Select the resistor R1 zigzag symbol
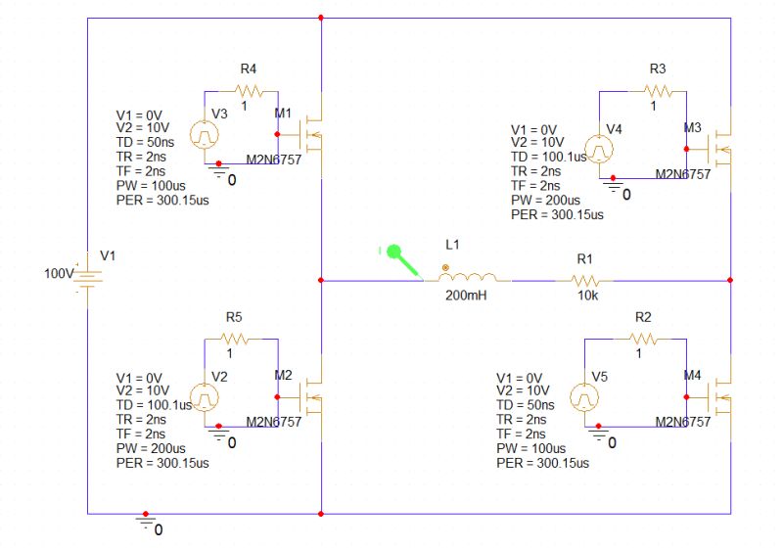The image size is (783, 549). (585, 280)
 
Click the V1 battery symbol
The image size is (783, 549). (88, 275)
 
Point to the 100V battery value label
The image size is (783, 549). (58, 274)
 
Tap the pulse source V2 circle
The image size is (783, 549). (205, 395)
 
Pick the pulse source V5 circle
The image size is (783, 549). (584, 396)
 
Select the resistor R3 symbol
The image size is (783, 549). (658, 91)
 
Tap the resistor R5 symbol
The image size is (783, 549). (235, 339)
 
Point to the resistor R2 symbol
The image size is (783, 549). (642, 339)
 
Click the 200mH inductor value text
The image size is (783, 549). (466, 295)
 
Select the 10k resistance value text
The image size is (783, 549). (587, 295)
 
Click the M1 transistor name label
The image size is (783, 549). (283, 114)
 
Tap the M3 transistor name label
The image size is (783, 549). (692, 128)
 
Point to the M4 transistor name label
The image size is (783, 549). (692, 375)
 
